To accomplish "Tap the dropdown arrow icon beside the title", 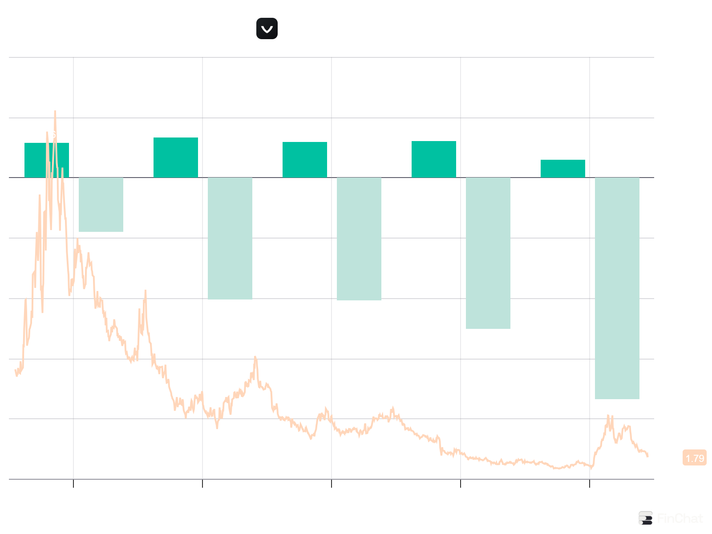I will point(267,29).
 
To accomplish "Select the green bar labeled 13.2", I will point(176,158).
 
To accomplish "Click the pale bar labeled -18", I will point(101,205).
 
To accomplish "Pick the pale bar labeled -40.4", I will point(230,239).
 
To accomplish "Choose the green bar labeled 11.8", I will point(305,160).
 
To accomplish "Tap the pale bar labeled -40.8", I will point(359,239).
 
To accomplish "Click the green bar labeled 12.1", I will point(434,159).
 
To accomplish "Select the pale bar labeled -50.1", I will point(488,253).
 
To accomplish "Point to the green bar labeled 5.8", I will point(563,169).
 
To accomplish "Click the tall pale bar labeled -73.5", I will point(617,288).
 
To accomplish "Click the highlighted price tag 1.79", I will point(695,458).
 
